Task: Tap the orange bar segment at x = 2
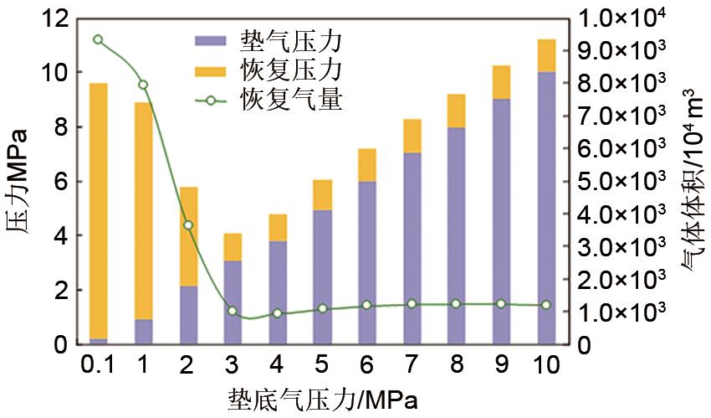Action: click(188, 236)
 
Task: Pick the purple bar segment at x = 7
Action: click(412, 248)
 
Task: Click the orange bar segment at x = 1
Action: click(144, 211)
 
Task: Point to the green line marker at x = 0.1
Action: click(99, 39)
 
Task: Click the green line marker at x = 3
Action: click(233, 311)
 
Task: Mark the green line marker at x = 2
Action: click(188, 224)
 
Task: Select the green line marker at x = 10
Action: click(546, 305)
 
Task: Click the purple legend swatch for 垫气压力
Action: click(211, 40)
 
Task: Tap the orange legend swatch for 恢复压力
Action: click(211, 68)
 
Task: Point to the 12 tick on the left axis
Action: click(51, 18)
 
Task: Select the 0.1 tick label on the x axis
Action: click(98, 366)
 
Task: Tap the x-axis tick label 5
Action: click(322, 366)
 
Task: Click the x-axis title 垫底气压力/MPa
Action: click(322, 400)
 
